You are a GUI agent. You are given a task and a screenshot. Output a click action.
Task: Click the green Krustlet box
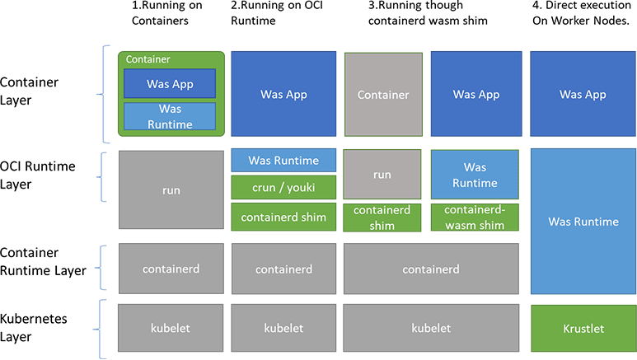pos(583,328)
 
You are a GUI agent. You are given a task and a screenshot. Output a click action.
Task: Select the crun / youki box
pos(284,188)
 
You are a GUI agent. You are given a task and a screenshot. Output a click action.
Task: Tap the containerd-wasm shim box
pos(475,217)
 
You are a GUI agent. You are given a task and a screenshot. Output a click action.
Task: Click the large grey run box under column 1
pos(171,189)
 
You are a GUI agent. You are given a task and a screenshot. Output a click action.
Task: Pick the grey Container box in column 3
pos(383,95)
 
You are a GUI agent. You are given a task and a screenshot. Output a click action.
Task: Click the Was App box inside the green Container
pos(170,84)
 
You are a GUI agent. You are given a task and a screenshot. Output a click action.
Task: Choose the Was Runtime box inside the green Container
pos(170,117)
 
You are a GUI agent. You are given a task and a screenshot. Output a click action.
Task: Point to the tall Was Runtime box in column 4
pos(583,222)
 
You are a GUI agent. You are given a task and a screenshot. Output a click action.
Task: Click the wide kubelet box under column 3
pos(433,328)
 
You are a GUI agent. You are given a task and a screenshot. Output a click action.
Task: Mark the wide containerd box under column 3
pos(433,269)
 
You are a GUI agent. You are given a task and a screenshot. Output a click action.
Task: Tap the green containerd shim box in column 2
pos(284,217)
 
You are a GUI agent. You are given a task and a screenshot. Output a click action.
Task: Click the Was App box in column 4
pos(583,95)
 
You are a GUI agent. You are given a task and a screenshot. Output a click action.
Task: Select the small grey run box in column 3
pos(383,175)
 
